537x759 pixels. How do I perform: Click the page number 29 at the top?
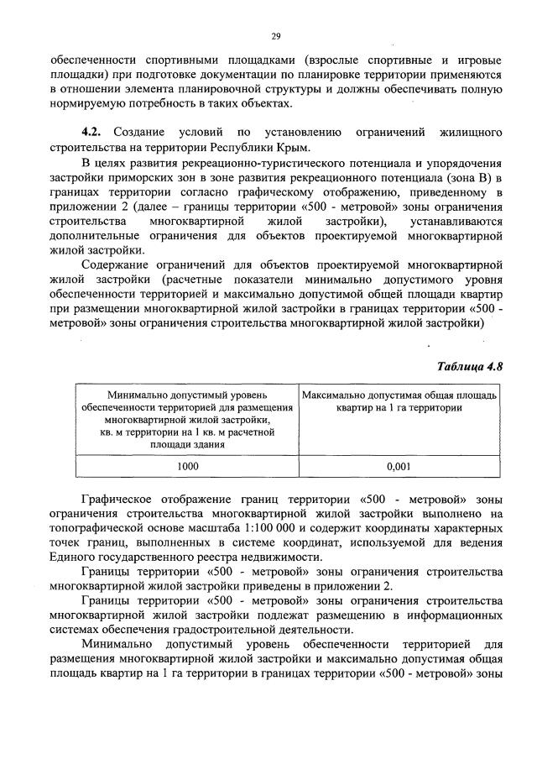pyautogui.click(x=274, y=35)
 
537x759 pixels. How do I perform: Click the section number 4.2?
pyautogui.click(x=91, y=133)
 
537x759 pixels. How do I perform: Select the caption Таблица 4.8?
pyautogui.click(x=470, y=365)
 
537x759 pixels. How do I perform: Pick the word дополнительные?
pyautogui.click(x=94, y=237)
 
